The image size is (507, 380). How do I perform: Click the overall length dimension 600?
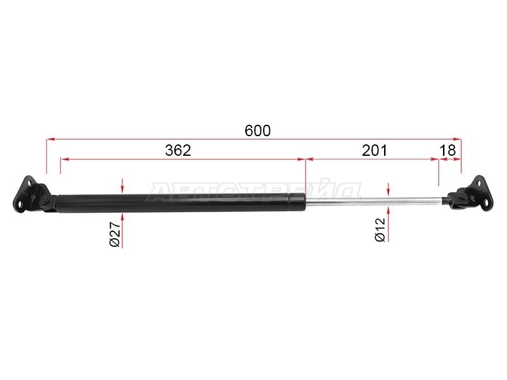coord(257,131)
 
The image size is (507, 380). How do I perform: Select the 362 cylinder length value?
coord(178,150)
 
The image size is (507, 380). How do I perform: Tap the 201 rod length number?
coord(374,150)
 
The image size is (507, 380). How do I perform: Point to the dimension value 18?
coord(447,150)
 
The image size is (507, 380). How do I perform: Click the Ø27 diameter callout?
coord(115,234)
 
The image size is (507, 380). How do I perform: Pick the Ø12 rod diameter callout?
coord(380,230)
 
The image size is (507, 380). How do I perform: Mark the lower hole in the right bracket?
coord(486,203)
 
